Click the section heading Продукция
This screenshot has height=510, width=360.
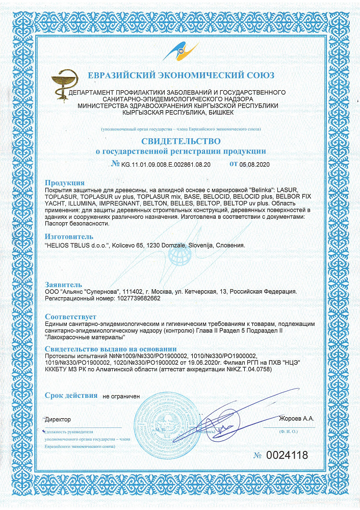point(64,183)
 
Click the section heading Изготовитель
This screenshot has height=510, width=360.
point(69,237)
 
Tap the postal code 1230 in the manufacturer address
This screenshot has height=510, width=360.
point(153,245)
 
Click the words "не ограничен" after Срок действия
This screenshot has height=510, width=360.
point(121,396)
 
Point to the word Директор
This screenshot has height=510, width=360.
point(58,419)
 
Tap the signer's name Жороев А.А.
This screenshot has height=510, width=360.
point(297,419)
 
